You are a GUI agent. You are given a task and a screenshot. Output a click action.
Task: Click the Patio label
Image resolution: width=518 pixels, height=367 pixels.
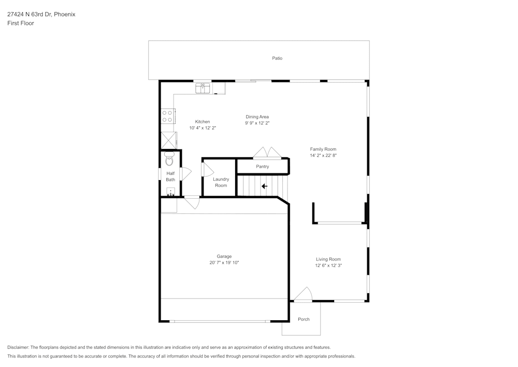(x=277, y=58)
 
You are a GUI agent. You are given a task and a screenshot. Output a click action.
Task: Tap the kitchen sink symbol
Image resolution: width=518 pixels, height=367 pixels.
(x=203, y=88)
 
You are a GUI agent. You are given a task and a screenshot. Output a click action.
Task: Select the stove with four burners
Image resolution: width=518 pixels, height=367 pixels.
(x=167, y=116)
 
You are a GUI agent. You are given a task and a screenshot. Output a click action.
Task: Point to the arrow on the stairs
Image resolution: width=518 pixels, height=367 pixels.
(x=264, y=186)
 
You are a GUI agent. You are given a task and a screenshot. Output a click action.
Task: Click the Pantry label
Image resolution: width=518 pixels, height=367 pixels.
(x=263, y=167)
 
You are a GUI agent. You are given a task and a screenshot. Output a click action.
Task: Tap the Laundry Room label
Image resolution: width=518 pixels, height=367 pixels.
(x=221, y=182)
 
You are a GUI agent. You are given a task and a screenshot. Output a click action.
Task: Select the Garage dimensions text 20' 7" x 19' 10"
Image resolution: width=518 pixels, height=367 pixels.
(x=224, y=263)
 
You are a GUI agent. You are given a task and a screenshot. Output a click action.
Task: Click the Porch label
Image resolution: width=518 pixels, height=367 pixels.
(x=304, y=319)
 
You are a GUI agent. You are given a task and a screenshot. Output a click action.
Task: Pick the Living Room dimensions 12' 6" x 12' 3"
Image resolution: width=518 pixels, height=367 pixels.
(x=328, y=265)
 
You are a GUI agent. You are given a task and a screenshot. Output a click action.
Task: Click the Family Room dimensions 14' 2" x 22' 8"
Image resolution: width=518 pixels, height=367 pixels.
(x=323, y=155)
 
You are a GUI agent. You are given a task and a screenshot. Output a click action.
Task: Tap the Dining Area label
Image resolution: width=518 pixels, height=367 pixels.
(x=257, y=117)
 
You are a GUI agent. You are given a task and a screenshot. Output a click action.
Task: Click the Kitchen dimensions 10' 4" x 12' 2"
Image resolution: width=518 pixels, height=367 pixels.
(x=203, y=128)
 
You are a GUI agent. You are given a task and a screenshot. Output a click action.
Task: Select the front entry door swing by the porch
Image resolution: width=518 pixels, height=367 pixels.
(x=303, y=295)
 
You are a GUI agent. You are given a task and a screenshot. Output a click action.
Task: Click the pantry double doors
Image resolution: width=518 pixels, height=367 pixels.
(x=267, y=153)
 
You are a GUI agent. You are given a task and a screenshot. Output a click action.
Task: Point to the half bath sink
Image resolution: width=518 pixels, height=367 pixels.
(x=170, y=192)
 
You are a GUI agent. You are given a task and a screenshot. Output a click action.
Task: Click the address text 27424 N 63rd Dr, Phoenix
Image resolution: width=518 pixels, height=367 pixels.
(x=41, y=15)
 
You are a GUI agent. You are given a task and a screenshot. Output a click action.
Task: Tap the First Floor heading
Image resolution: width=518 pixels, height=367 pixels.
(x=21, y=23)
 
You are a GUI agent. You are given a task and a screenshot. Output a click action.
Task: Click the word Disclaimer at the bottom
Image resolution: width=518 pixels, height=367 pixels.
(x=18, y=347)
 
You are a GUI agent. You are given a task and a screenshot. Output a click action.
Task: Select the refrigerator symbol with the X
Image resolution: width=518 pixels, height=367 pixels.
(x=168, y=140)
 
